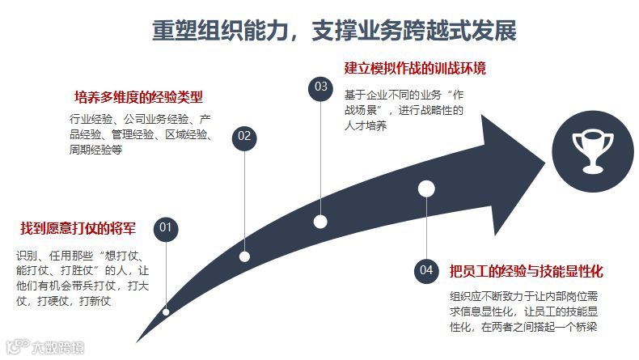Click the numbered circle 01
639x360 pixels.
pyautogui.click(x=166, y=227)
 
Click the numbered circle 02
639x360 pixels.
pyautogui.click(x=244, y=136)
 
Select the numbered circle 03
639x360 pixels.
pyautogui.click(x=321, y=87)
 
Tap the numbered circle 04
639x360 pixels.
pyautogui.click(x=426, y=269)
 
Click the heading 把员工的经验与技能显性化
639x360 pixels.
pyautogui.click(x=527, y=270)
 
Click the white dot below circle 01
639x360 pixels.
pyautogui.click(x=166, y=311)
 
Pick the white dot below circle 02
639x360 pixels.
pyautogui.click(x=245, y=256)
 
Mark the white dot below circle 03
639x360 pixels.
pyautogui.click(x=321, y=221)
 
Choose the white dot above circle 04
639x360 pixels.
pyautogui.click(x=426, y=189)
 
